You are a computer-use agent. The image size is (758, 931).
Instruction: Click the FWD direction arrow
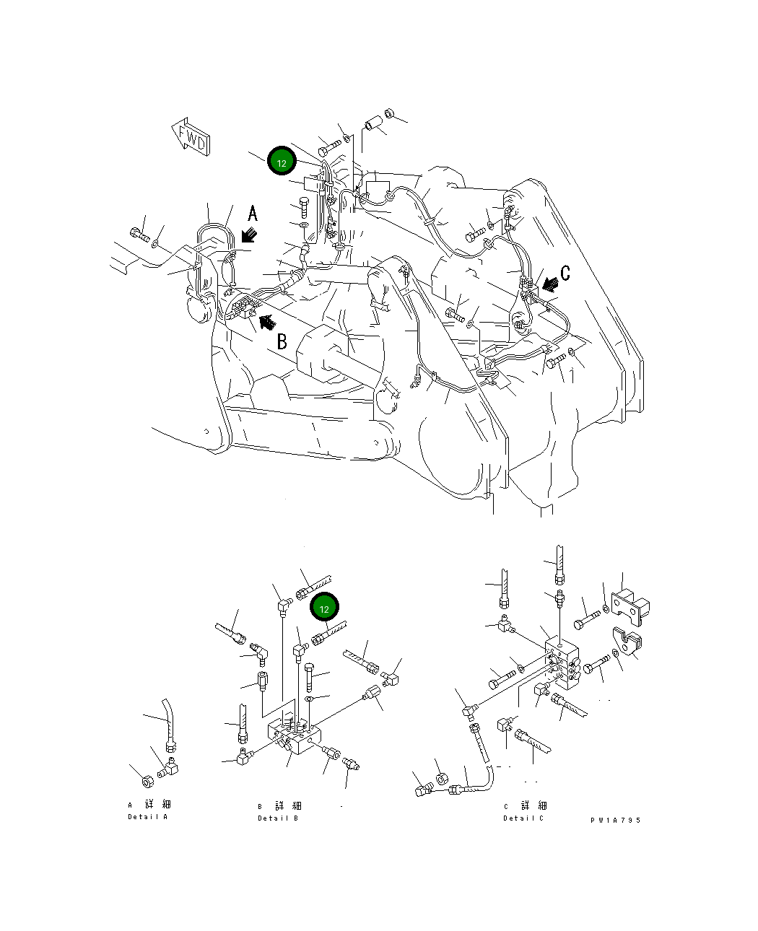click(x=191, y=137)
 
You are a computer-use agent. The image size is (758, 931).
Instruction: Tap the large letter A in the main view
click(x=252, y=213)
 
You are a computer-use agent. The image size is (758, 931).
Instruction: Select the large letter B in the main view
click(x=282, y=341)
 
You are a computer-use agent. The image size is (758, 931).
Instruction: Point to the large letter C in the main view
click(x=565, y=272)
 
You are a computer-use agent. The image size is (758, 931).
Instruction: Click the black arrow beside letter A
click(x=251, y=235)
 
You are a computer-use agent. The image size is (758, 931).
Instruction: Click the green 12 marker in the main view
click(x=282, y=162)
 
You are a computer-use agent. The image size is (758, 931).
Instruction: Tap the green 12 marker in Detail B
click(x=324, y=608)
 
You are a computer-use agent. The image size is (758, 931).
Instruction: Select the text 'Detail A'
click(x=147, y=817)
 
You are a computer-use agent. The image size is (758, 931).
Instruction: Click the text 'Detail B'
click(x=278, y=818)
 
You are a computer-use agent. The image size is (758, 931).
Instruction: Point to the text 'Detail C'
click(x=523, y=818)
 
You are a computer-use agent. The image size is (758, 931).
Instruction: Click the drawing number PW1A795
click(x=615, y=820)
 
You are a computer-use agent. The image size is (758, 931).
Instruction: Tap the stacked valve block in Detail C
click(x=562, y=660)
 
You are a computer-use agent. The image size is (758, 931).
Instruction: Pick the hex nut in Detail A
click(x=147, y=782)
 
